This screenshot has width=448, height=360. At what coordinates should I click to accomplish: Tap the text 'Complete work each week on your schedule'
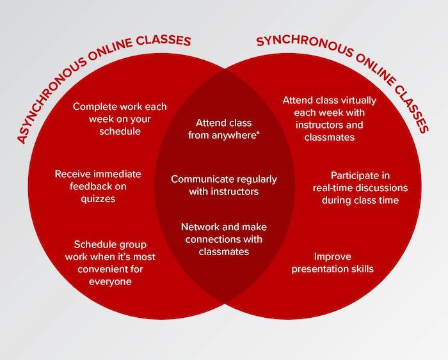tap(120, 119)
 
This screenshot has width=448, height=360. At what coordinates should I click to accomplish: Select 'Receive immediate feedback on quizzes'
tap(98, 185)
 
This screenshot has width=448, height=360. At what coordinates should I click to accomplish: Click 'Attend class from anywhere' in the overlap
tap(224, 129)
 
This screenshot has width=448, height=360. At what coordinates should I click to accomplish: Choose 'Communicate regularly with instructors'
tap(224, 185)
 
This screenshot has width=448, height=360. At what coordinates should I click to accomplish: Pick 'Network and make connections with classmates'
tap(224, 239)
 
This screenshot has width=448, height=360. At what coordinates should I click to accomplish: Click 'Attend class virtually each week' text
tap(330, 119)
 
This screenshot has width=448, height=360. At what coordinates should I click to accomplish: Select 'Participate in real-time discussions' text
tap(360, 187)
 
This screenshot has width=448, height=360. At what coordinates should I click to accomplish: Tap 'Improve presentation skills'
tap(332, 262)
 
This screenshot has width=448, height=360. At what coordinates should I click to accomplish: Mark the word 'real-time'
tap(335, 187)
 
